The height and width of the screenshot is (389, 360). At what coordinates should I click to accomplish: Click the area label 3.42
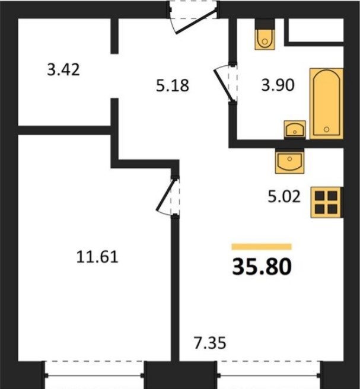[x=63, y=69]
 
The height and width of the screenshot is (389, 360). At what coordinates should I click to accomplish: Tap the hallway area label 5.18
[x=173, y=85]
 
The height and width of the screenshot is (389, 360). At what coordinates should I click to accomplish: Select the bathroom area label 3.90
[x=278, y=85]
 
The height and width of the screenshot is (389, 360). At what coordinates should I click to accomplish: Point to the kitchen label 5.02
[x=284, y=197]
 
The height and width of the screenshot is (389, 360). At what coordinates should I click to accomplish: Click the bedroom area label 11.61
[x=97, y=257]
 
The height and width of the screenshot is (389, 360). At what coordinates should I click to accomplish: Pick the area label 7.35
[x=210, y=343]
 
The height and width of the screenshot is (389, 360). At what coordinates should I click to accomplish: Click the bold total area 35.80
[x=262, y=267]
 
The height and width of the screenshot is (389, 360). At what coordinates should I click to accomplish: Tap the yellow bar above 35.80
[x=262, y=247]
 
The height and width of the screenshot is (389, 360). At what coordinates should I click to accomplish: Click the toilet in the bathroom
[x=265, y=35]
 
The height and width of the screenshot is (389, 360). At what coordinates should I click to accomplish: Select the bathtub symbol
[x=326, y=103]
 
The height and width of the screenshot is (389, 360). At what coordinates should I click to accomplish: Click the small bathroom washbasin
[x=295, y=129]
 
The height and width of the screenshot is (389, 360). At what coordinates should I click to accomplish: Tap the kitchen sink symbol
[x=290, y=161]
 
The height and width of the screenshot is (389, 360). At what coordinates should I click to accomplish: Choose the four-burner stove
[x=327, y=202]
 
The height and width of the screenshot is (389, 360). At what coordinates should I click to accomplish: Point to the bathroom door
[x=225, y=83]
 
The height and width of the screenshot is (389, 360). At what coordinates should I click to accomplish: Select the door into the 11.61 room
[x=167, y=196]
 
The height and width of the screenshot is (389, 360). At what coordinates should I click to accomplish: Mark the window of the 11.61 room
[x=94, y=375]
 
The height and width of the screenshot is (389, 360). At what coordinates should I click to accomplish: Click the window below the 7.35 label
[x=269, y=375]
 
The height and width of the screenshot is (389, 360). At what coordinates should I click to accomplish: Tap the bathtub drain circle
[x=327, y=129]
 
